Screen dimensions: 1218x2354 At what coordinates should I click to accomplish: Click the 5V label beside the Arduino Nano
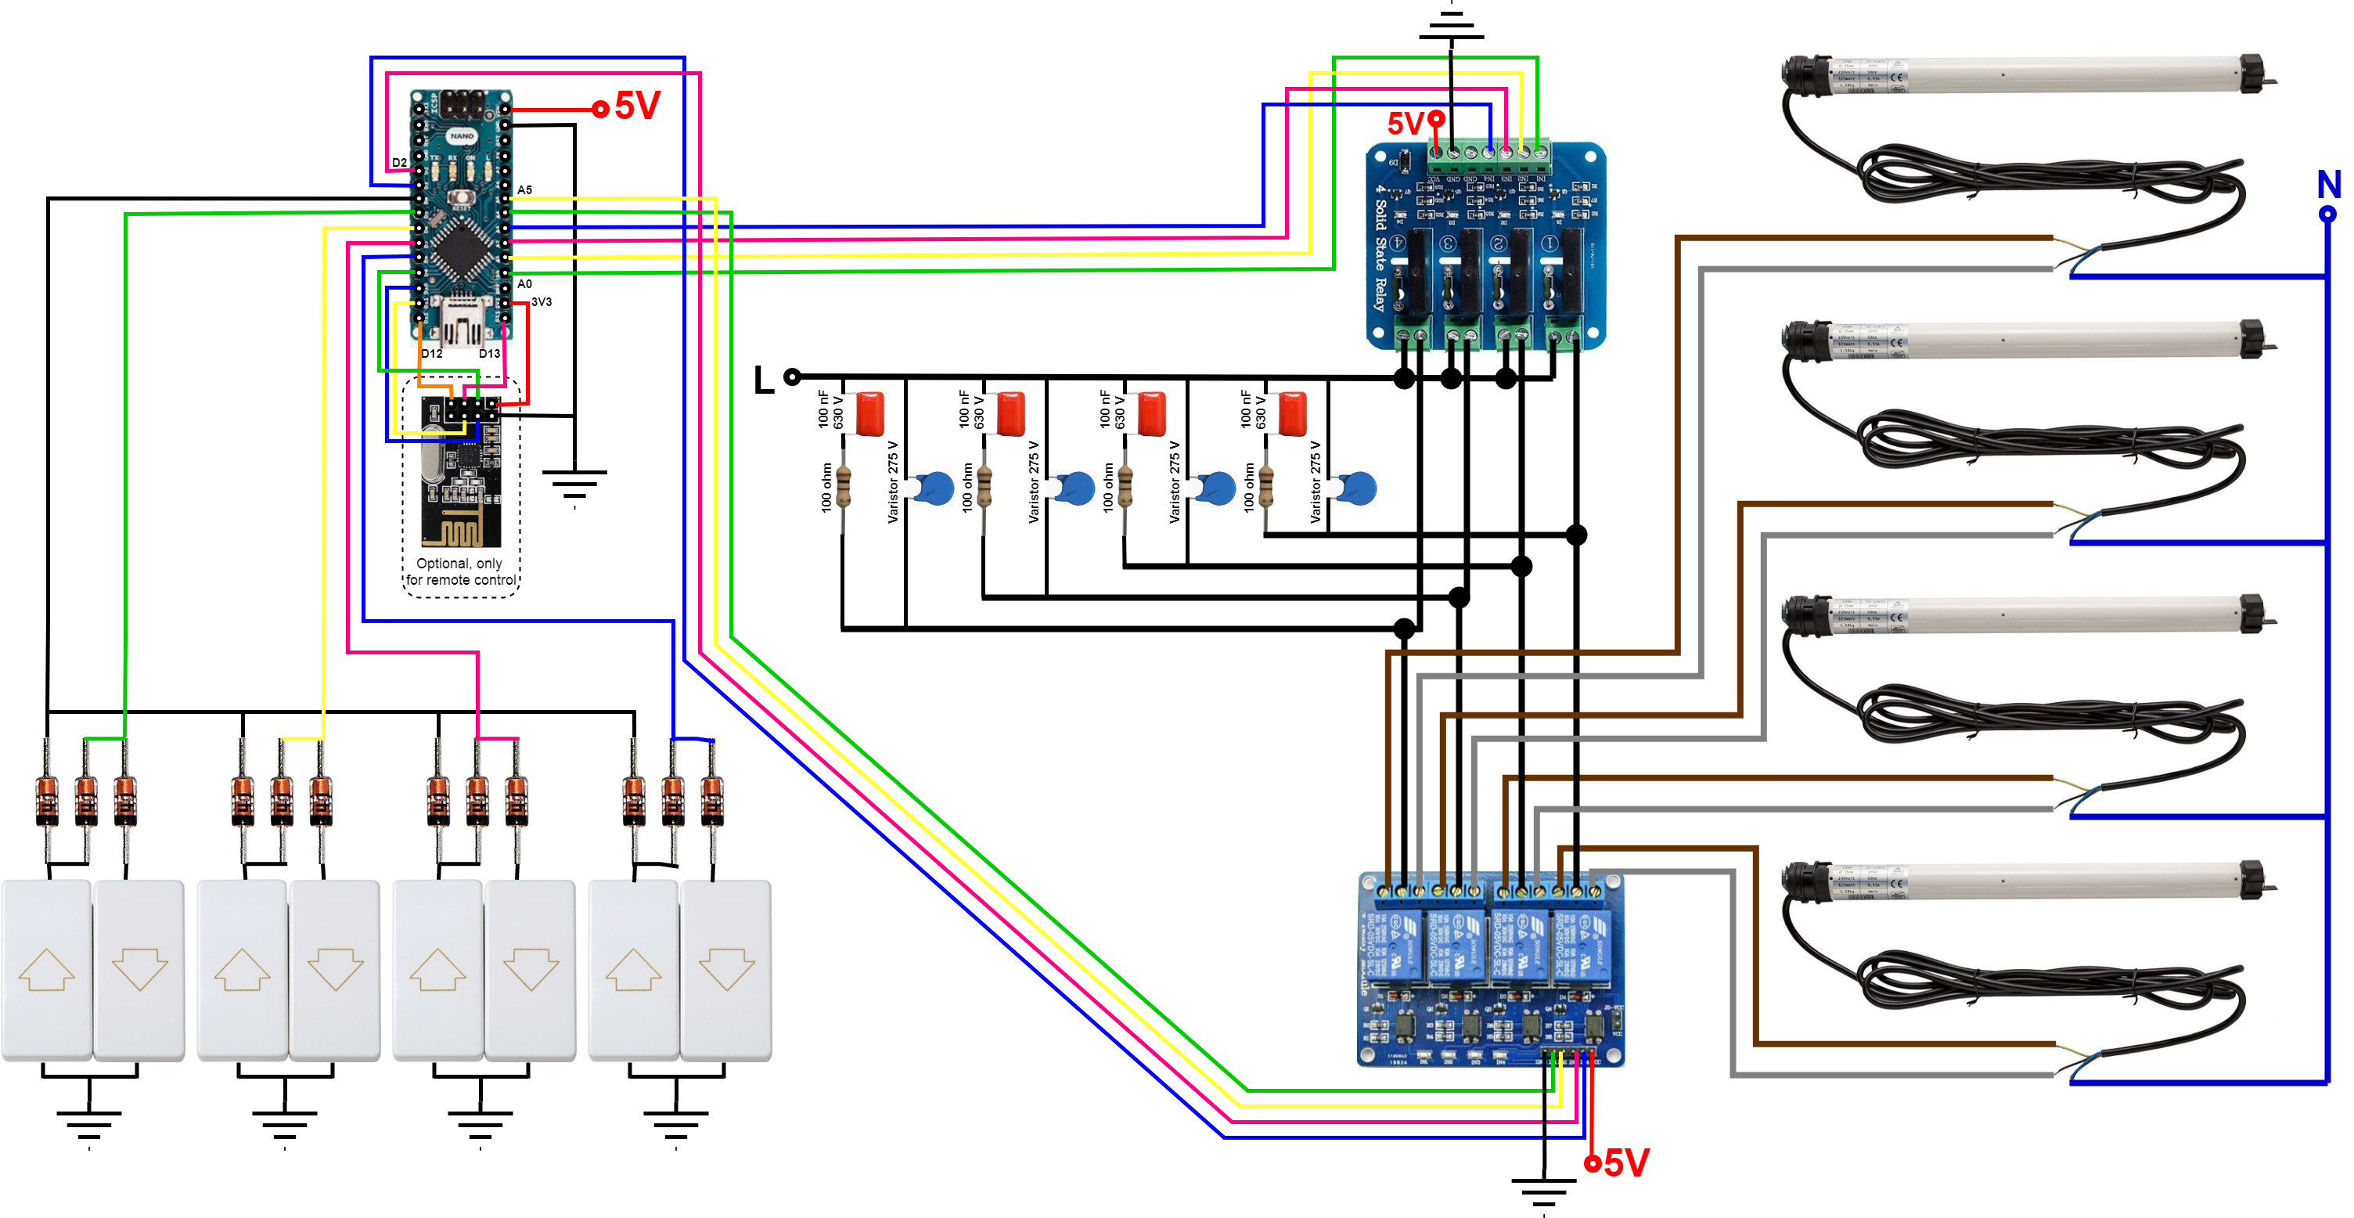click(x=637, y=106)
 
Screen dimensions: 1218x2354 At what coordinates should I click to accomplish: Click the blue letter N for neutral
click(x=2328, y=186)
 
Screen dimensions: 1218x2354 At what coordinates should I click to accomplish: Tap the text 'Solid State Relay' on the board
click(x=1380, y=247)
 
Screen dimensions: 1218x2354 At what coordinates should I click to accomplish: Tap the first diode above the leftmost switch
click(x=45, y=799)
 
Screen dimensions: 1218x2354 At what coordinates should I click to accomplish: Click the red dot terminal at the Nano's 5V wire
click(x=600, y=110)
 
